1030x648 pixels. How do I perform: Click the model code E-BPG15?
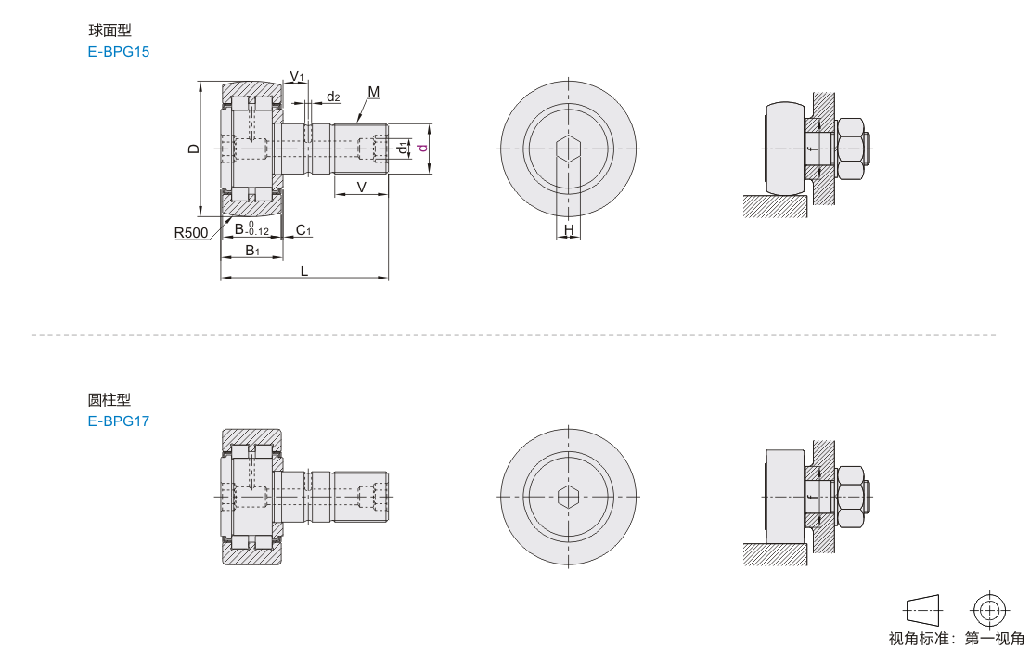tap(118, 52)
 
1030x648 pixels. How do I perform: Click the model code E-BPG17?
tap(118, 421)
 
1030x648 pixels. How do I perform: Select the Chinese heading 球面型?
tap(109, 31)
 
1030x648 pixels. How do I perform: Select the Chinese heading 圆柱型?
tap(109, 399)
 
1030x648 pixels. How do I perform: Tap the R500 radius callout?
tap(190, 233)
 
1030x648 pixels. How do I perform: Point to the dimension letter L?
tap(304, 271)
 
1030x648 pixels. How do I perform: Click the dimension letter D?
tap(193, 149)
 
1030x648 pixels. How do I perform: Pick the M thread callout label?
tap(374, 92)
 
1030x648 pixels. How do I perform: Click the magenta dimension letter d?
tap(423, 148)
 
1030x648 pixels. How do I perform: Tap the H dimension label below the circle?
tap(569, 229)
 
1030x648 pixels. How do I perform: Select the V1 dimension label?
tap(297, 75)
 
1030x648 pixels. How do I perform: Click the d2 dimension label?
tap(334, 97)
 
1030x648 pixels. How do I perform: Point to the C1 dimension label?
tap(303, 230)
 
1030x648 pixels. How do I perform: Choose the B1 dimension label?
tap(252, 251)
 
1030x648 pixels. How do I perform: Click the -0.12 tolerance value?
tap(258, 232)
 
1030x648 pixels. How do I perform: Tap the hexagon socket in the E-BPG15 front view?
tap(568, 149)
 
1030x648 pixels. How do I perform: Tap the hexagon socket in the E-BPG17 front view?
tap(568, 497)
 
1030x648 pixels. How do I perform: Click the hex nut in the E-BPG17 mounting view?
tap(850, 497)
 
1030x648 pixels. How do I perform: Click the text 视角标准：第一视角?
tap(956, 638)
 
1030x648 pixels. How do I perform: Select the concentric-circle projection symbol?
tap(990, 611)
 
